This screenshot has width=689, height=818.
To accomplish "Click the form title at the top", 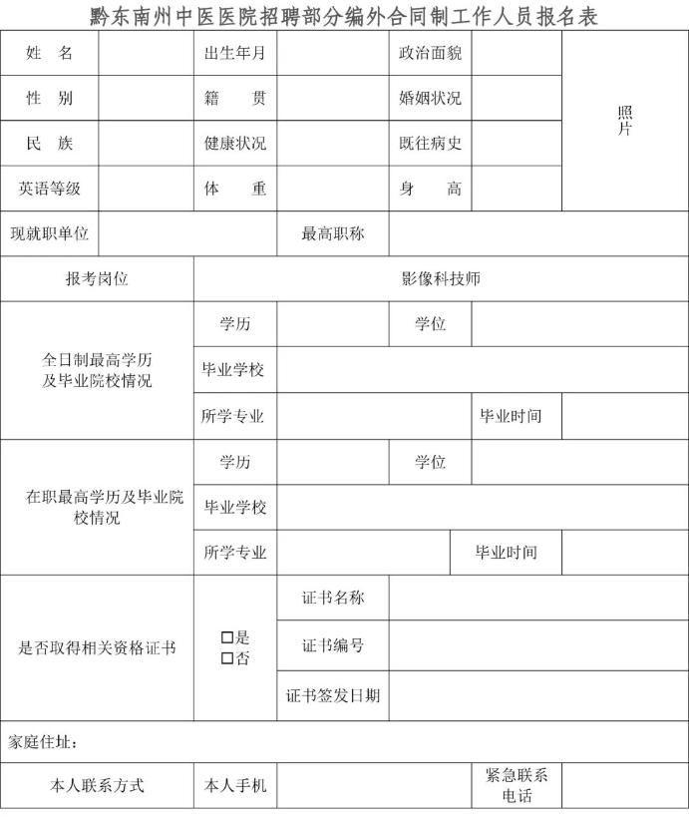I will pos(344,15).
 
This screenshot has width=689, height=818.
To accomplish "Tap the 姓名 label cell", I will pos(49,54).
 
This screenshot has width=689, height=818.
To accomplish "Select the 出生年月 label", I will pos(235,54).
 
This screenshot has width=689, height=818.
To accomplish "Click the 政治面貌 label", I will pos(430,54).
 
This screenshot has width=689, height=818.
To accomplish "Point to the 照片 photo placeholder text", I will pos(625,121).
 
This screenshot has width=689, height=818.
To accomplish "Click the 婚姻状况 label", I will pos(430,99).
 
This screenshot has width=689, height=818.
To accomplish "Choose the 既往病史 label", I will pos(430,144).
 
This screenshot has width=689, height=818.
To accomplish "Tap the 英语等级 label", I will pos(49,189).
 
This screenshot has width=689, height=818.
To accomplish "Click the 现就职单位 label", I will pos(49,233).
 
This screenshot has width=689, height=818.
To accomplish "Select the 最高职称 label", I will pos(333,233).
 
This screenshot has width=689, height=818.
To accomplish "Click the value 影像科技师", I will pos(441,279).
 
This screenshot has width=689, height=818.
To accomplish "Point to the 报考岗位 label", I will pos(97,279).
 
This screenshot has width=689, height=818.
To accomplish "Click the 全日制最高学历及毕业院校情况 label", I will pos(97,370).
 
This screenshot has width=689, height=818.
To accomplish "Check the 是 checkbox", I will pos(227,636).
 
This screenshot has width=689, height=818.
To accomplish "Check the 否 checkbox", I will pos(227,658).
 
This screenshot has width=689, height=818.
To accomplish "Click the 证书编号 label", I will pos(333,645).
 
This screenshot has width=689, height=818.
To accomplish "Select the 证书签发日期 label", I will pos(333,695).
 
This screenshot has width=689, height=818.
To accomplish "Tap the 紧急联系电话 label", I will pos(517,785).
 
